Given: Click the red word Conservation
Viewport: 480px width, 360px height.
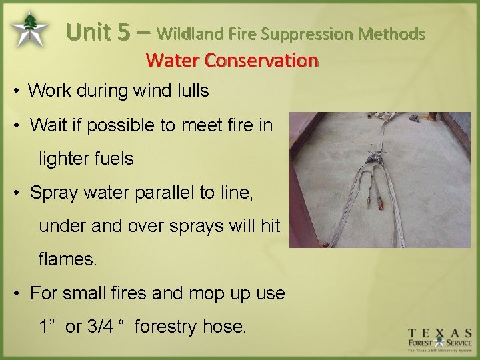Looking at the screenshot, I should click(x=261, y=61).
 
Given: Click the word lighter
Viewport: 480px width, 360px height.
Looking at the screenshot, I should click(x=64, y=159).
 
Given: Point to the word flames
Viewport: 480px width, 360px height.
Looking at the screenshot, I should click(x=67, y=259).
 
